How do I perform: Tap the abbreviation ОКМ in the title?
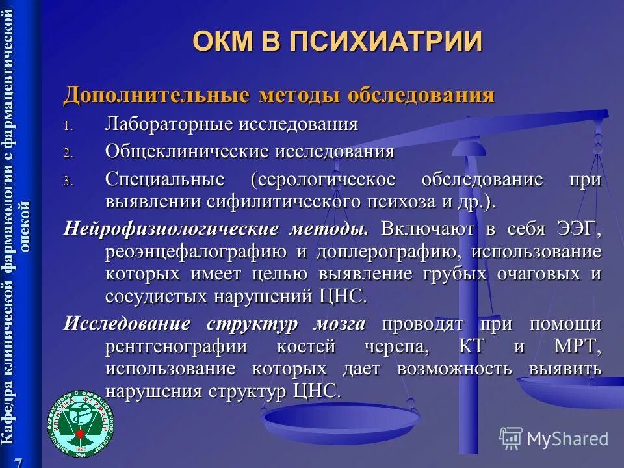pos(223,41)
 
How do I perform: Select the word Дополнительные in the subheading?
pos(156,96)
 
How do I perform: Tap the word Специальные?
pos(165,179)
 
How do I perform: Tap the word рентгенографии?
pos(176,346)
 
